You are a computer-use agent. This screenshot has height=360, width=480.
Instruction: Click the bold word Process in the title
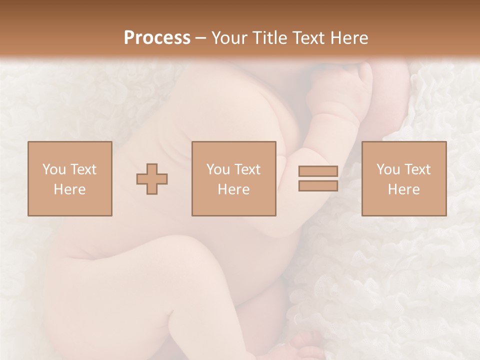point(157,38)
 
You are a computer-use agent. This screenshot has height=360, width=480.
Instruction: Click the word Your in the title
point(229,38)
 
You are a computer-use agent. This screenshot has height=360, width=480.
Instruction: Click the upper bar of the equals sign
point(318,171)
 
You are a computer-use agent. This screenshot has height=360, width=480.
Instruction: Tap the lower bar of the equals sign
point(318,186)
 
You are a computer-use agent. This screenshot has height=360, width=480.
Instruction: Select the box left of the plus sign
point(70,179)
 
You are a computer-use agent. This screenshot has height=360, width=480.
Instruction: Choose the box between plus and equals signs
point(234,179)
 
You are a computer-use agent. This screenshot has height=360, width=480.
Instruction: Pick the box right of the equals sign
point(404,179)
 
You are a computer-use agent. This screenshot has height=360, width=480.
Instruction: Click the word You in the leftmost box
point(54,169)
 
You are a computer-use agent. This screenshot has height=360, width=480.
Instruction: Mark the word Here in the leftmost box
point(70,189)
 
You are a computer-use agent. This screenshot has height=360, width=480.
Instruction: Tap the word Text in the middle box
point(247,169)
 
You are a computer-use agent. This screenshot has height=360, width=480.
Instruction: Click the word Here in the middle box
point(234,189)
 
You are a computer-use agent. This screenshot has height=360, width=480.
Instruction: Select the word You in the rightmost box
point(388,169)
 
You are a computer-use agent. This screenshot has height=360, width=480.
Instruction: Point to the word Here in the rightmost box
point(404,189)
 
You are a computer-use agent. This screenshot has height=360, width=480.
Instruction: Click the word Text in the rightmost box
point(417,169)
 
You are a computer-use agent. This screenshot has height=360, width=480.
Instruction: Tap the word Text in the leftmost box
point(83,169)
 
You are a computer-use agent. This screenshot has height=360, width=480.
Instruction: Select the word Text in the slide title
point(309,38)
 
